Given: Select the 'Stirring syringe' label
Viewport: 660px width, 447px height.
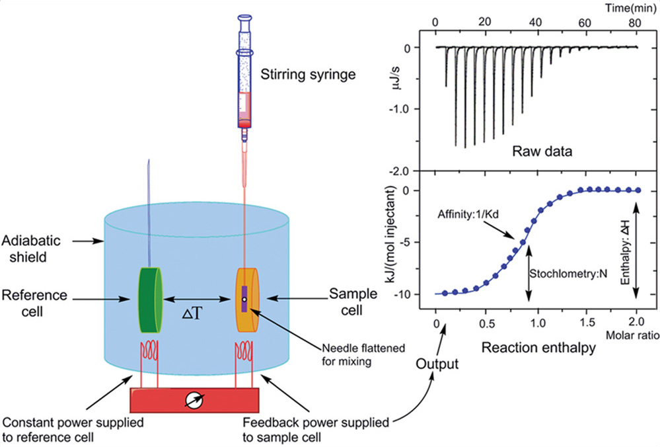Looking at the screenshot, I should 308,73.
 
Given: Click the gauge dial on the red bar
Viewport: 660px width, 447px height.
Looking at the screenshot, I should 196,400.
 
